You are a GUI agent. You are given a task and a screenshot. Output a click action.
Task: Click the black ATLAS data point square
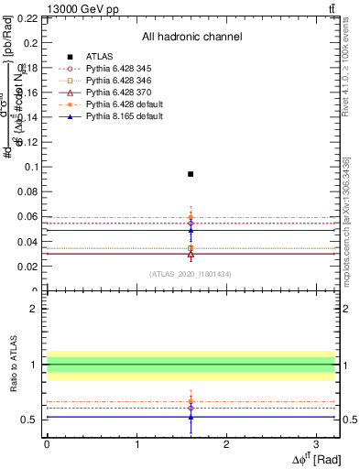(191, 174)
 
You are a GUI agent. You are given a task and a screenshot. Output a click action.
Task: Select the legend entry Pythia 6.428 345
(114, 69)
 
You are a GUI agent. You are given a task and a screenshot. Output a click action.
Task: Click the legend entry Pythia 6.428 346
(114, 82)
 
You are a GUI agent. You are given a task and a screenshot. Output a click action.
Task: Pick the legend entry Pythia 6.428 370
(114, 93)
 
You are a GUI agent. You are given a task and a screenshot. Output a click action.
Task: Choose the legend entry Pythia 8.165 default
(117, 119)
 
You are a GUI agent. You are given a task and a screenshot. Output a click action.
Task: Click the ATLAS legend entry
(100, 56)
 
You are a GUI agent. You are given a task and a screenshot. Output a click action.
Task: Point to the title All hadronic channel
(191, 37)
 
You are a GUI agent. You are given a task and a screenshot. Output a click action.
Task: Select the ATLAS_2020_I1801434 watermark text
(191, 274)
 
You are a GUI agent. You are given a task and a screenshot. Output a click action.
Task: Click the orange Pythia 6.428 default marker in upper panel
(191, 217)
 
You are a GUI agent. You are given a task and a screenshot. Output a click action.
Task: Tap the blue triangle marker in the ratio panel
(191, 417)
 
